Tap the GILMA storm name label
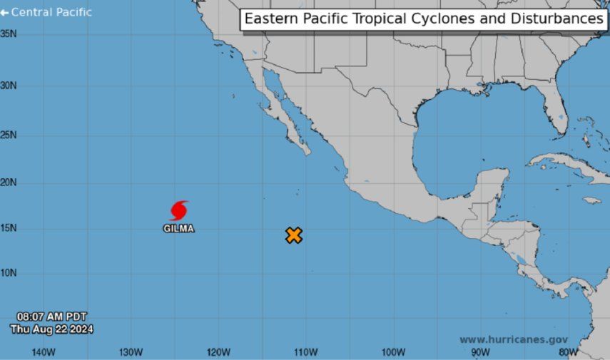coord(178,229)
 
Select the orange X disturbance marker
coord(294,235)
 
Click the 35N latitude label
coord(9,34)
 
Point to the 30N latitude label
coord(9,86)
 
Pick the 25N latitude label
coord(9,135)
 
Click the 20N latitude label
coord(9,182)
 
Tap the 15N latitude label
coord(9,229)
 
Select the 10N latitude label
coord(9,273)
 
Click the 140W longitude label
coord(44,351)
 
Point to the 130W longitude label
coord(131,351)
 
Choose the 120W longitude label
coord(218,351)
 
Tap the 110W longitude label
coord(305,351)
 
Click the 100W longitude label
coord(393,351)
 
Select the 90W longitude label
coord(481,351)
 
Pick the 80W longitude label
coord(569,351)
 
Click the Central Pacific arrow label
coord(46,12)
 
